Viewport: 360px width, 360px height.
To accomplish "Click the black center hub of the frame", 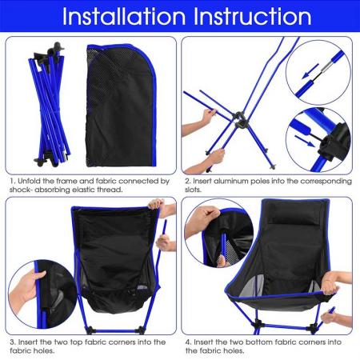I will pyautogui.click(x=239, y=124).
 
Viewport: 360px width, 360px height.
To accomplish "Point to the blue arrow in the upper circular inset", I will pyautogui.click(x=308, y=74).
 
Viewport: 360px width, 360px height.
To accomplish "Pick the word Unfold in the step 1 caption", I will pyautogui.click(x=32, y=182).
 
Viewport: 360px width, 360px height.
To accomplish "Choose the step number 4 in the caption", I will pyautogui.click(x=187, y=342).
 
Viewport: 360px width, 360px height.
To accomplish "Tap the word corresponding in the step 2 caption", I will pyautogui.click(x=319, y=182).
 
